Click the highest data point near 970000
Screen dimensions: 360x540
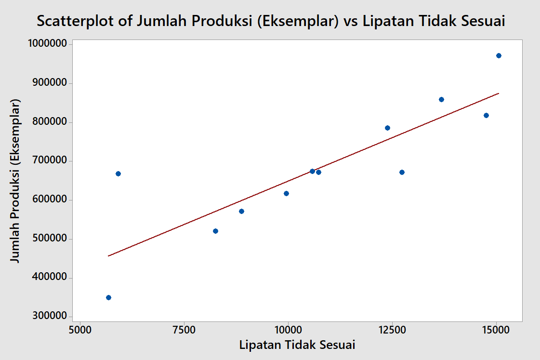click(499, 56)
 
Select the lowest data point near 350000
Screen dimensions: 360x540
click(108, 297)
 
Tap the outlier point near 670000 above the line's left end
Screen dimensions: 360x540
click(118, 173)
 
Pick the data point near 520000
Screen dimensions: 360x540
click(215, 231)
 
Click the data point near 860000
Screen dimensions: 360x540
click(441, 99)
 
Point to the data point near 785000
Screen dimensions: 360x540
click(387, 128)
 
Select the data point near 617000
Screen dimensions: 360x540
click(286, 193)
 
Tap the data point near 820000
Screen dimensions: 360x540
click(486, 115)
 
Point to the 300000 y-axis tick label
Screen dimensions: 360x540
click(46, 317)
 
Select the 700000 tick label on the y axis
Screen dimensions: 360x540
click(46, 161)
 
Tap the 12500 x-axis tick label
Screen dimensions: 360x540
click(392, 332)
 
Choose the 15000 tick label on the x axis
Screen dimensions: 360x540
click(496, 332)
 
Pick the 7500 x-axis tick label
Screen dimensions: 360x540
click(184, 332)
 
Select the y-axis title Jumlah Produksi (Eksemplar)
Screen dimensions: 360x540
click(16, 181)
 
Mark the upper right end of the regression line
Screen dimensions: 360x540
click(499, 93)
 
